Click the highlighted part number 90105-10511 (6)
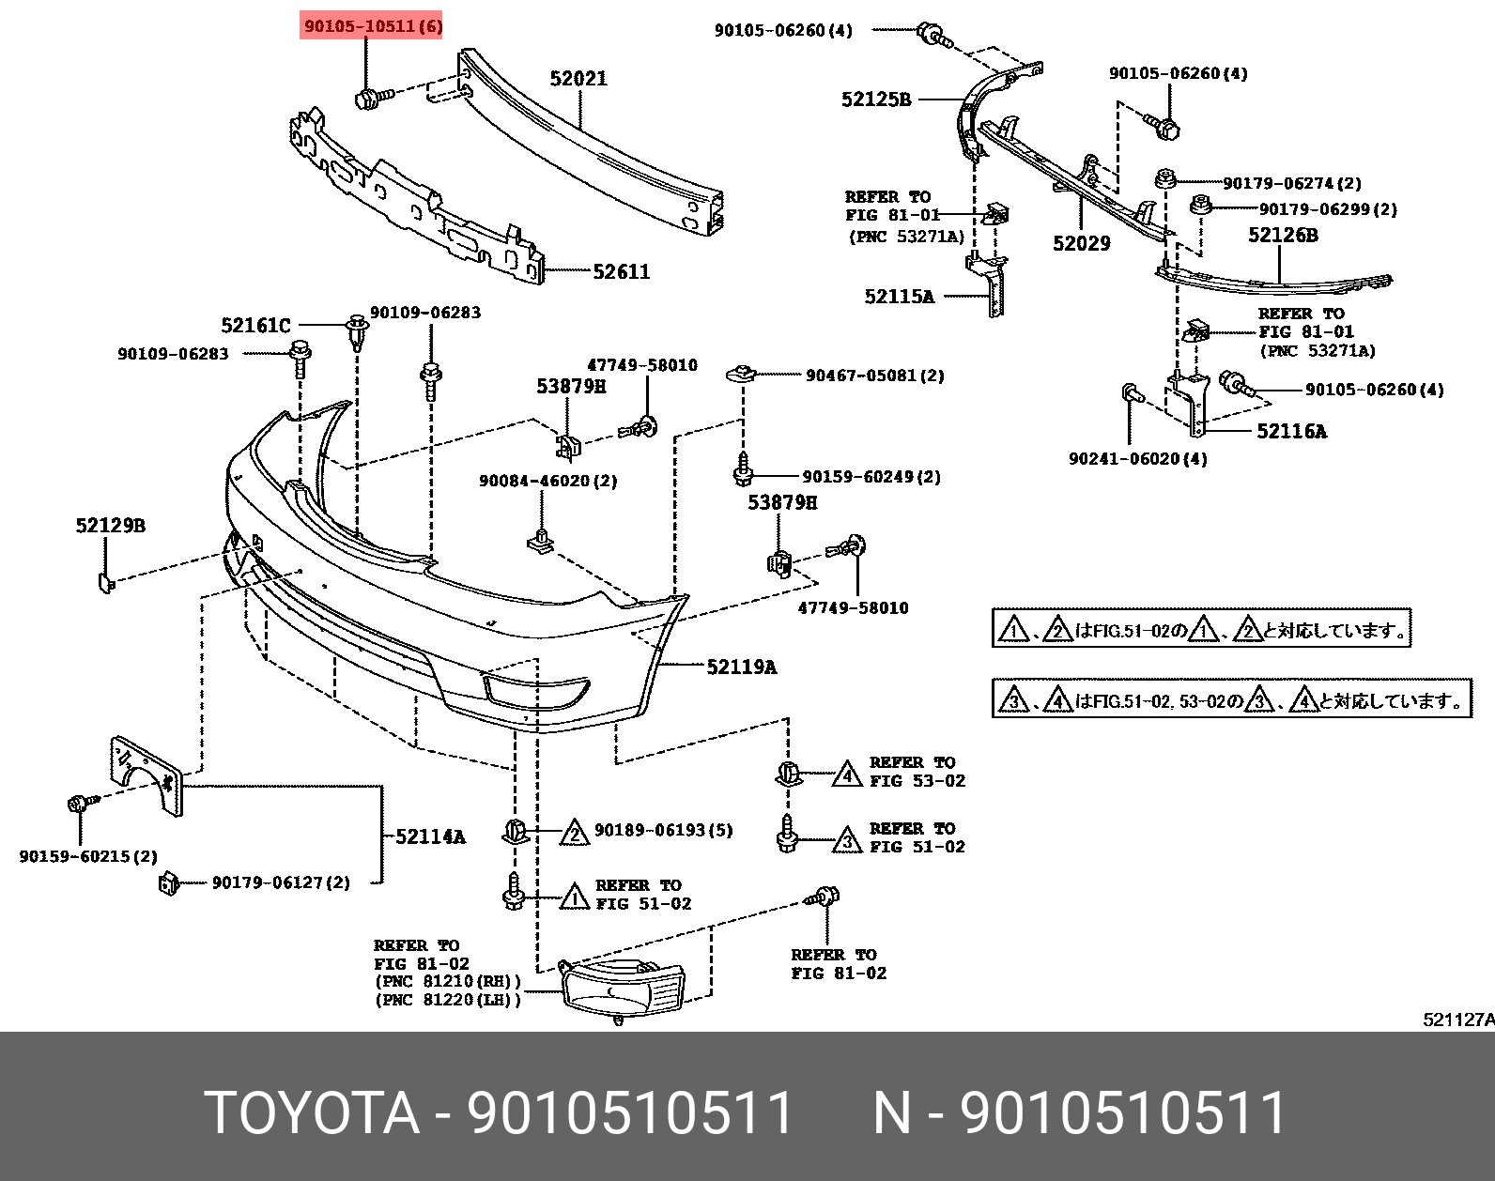(372, 26)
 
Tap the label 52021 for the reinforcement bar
(578, 79)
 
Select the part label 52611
(621, 272)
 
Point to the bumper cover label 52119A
(741, 667)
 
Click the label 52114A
(430, 836)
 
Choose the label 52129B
(111, 526)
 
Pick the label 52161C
(255, 326)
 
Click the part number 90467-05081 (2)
(874, 376)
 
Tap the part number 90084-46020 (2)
(547, 481)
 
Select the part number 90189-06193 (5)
(663, 830)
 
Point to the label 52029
(1081, 244)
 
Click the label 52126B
(1282, 236)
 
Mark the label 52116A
(1291, 431)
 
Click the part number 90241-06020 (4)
(1137, 459)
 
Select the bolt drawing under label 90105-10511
(367, 97)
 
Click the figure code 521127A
(1457, 1020)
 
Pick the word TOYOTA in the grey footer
(311, 1113)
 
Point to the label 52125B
(875, 100)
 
